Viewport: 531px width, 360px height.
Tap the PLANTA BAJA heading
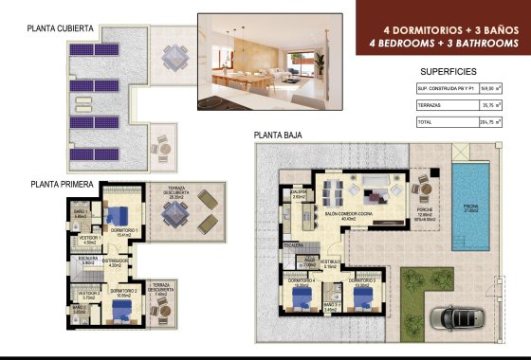pos(279,135)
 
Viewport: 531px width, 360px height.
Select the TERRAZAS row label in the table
pos(432,105)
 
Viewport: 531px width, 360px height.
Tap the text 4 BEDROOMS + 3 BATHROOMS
pos(444,44)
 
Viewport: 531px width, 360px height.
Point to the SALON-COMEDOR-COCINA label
pos(347,214)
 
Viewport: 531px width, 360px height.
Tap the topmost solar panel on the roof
pos(79,49)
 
